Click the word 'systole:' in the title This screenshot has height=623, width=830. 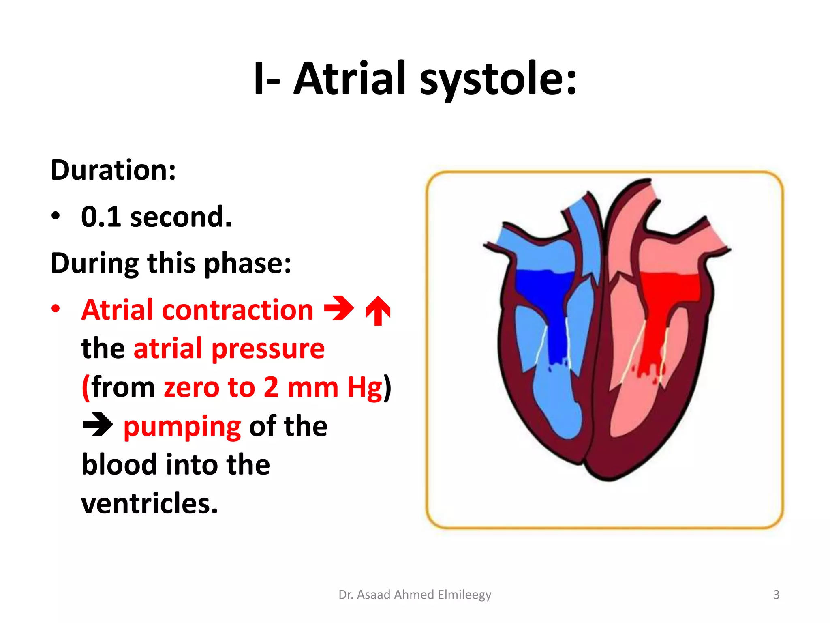498,79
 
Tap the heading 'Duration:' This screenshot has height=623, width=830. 113,170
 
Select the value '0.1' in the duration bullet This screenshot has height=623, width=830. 101,217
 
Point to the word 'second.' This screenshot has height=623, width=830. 181,217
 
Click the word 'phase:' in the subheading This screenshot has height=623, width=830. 248,263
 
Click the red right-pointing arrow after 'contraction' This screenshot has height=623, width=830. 339,309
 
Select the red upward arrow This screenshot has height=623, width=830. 378,310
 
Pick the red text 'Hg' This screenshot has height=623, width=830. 365,387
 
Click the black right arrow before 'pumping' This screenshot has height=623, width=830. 98,425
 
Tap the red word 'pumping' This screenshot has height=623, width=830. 182,427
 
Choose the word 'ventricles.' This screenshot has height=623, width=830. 150,503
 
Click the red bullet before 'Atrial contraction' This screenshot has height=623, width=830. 56,309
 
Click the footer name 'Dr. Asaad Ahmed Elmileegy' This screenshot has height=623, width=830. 415,595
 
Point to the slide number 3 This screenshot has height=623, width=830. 776,595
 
